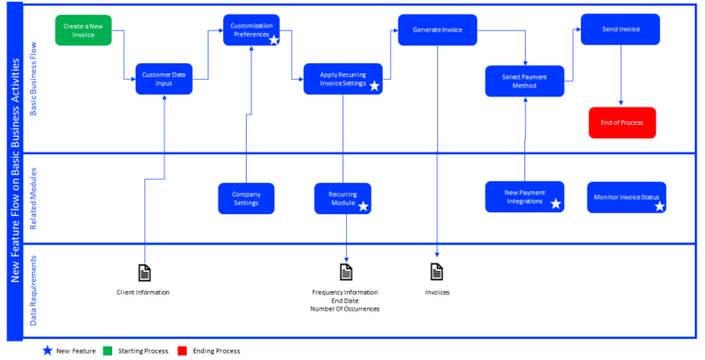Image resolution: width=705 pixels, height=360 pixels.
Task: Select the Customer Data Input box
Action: click(x=164, y=78)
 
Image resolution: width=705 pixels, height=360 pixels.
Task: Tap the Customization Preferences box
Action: click(x=252, y=29)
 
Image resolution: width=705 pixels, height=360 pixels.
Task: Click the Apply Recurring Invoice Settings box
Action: click(x=342, y=78)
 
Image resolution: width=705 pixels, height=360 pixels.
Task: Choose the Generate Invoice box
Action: click(x=437, y=29)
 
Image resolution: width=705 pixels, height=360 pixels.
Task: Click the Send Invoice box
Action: click(x=621, y=29)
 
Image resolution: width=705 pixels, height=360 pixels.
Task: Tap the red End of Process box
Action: click(x=622, y=121)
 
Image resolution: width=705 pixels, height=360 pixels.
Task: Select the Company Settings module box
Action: click(x=246, y=197)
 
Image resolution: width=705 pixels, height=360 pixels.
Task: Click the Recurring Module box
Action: click(x=342, y=197)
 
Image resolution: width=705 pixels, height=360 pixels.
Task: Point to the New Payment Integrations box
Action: click(x=524, y=197)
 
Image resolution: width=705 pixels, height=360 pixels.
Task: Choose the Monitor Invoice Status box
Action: click(x=627, y=197)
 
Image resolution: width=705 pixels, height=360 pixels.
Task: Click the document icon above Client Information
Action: click(x=144, y=272)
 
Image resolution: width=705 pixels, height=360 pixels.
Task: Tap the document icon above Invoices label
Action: click(x=437, y=272)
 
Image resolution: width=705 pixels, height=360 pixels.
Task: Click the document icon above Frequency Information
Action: click(x=346, y=272)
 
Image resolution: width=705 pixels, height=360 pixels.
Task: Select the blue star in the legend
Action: click(x=47, y=350)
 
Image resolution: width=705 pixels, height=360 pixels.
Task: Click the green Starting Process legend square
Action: click(x=106, y=350)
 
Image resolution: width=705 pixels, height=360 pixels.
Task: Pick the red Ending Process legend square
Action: click(x=182, y=350)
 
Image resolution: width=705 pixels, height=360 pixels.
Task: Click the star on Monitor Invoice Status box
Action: click(x=659, y=207)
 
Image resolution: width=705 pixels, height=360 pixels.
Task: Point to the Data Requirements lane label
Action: click(x=34, y=290)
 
